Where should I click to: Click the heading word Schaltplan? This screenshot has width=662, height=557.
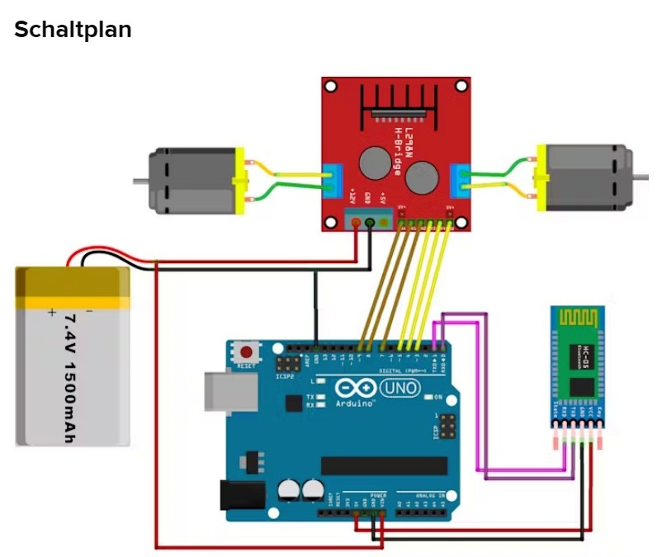point(73,30)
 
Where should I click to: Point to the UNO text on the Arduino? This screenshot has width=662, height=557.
point(400,386)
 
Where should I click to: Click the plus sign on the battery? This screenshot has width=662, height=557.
point(52,313)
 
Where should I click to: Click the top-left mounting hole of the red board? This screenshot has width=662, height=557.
point(332,86)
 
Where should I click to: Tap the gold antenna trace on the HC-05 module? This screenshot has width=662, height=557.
point(579,319)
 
